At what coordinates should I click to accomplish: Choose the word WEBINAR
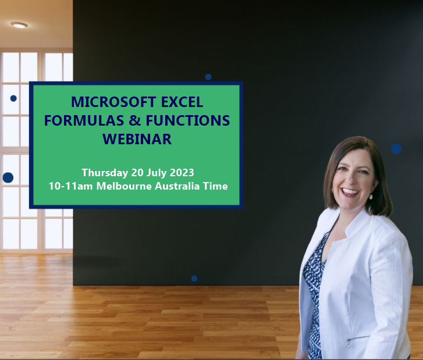[x=137, y=140]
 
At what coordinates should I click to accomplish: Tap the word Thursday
[x=105, y=173]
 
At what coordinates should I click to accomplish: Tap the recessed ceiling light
[x=19, y=25]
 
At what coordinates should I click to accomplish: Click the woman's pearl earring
[x=370, y=196]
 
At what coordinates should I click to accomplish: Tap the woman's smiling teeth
[x=350, y=190]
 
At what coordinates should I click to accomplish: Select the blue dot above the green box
[x=208, y=77]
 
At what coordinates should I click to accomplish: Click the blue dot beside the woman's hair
[x=396, y=148]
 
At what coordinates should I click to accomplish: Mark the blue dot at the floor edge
[x=194, y=279]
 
